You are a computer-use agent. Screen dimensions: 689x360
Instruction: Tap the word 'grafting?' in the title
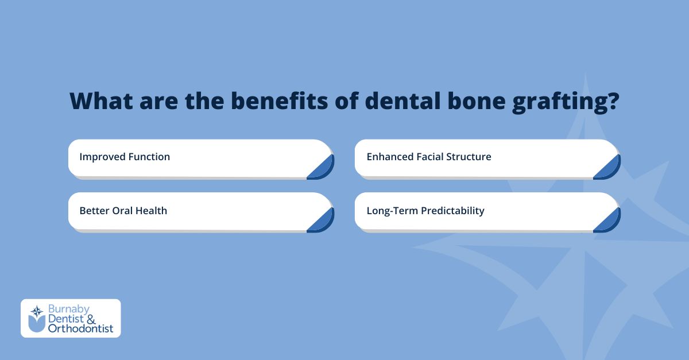(566, 102)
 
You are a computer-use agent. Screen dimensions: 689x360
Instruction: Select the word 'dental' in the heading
(403, 100)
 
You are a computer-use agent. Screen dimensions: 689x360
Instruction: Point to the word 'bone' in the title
(477, 100)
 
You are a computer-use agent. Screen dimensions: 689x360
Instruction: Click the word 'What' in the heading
(102, 100)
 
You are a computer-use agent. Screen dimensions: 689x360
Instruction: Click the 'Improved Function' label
(125, 157)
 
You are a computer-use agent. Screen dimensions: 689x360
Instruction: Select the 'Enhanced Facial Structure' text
(429, 157)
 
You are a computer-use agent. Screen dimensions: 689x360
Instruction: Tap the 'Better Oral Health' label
(123, 211)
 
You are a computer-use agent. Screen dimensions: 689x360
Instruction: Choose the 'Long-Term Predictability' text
(425, 211)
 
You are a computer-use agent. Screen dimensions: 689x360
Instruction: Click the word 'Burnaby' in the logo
(69, 309)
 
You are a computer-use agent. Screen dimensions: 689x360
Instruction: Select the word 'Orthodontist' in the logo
(80, 328)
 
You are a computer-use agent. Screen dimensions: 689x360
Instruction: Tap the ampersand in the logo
(91, 319)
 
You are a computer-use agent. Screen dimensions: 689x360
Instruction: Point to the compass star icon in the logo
(37, 311)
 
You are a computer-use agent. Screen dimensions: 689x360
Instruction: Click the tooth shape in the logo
(37, 324)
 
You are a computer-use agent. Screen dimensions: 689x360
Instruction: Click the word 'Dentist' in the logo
(66, 319)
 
